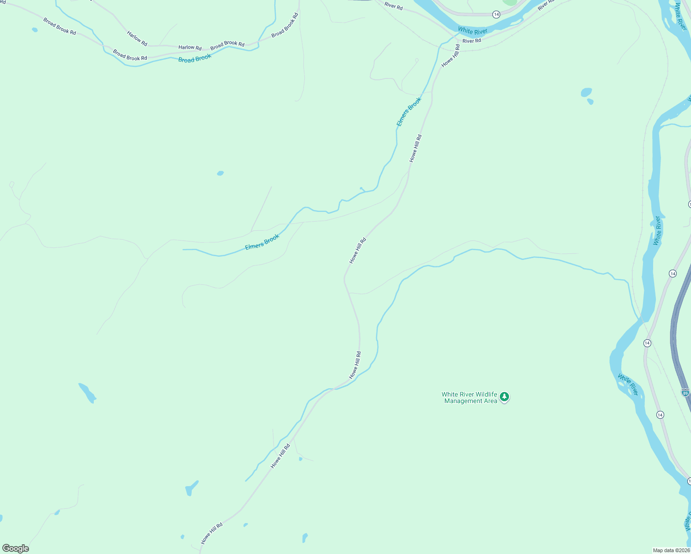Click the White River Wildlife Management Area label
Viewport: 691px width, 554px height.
[x=469, y=397]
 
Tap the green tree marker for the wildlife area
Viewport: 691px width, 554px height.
[x=504, y=397]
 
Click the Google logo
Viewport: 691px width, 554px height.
[x=16, y=548]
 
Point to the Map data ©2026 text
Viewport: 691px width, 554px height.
[x=671, y=550]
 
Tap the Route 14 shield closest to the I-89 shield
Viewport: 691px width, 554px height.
[x=660, y=415]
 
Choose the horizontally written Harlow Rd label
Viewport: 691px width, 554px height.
[x=190, y=48]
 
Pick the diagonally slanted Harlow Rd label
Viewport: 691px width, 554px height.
[x=137, y=39]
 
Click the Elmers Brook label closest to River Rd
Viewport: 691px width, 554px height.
[x=409, y=112]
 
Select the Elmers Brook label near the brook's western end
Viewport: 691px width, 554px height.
[x=262, y=242]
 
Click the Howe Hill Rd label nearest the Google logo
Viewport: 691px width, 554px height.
[x=212, y=533]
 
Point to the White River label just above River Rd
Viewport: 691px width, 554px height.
[x=473, y=31]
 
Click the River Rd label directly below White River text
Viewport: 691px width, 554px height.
[x=472, y=41]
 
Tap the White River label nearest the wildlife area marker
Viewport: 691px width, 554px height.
[x=628, y=385]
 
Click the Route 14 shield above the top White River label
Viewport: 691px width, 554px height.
[x=496, y=15]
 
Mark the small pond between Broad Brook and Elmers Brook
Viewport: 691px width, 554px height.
[x=220, y=174]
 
